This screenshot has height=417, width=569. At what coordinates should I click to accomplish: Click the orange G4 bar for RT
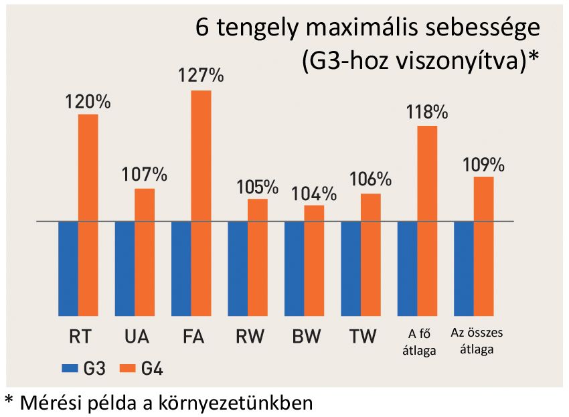(x=88, y=214)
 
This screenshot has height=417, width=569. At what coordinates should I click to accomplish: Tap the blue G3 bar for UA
(x=125, y=268)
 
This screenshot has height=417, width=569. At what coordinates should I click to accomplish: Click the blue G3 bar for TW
(x=351, y=268)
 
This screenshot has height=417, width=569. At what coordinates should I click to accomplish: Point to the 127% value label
(x=201, y=76)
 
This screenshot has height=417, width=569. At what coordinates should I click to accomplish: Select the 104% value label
(x=314, y=193)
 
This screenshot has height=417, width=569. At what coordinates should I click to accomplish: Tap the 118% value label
(x=426, y=112)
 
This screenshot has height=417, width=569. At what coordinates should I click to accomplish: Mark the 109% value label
(x=483, y=164)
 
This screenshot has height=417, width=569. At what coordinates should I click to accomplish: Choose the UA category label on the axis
(x=136, y=336)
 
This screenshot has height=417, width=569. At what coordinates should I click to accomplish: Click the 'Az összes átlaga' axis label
(x=477, y=341)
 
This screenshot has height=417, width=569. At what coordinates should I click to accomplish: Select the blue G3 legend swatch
(x=70, y=368)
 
